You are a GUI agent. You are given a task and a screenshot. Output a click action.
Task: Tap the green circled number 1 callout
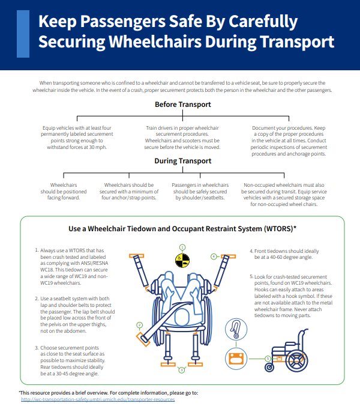pyautogui.click(x=182, y=247)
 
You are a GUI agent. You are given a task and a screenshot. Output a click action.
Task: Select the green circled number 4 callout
pyautogui.click(x=214, y=256)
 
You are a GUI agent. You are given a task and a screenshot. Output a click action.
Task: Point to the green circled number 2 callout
pyautogui.click(x=139, y=325)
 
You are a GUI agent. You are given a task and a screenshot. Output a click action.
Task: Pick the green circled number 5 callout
pyautogui.click(x=268, y=358)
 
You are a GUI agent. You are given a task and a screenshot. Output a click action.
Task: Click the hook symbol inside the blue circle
pyautogui.click(x=235, y=330)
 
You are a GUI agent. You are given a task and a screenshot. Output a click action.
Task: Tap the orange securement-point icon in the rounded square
pyautogui.click(x=235, y=360)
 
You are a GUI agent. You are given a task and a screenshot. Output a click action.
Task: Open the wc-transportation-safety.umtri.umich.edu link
pyautogui.click(x=98, y=399)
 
